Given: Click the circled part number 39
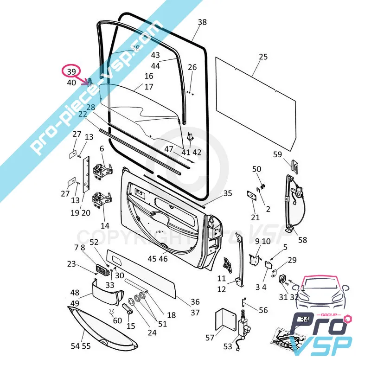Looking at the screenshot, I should point(71,71).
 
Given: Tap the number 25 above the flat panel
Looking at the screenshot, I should point(263,57).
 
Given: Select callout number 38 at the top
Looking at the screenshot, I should point(202,22).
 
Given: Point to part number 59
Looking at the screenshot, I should point(277,155).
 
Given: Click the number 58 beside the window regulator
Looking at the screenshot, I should point(302,240).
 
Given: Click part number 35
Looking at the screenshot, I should point(227,193).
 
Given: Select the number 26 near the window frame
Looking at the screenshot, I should point(192,67).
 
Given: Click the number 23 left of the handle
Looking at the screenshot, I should point(71,264).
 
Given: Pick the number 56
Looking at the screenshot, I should point(263,310).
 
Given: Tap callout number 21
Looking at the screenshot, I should point(256,217).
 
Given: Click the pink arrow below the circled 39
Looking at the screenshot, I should point(86,83).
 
